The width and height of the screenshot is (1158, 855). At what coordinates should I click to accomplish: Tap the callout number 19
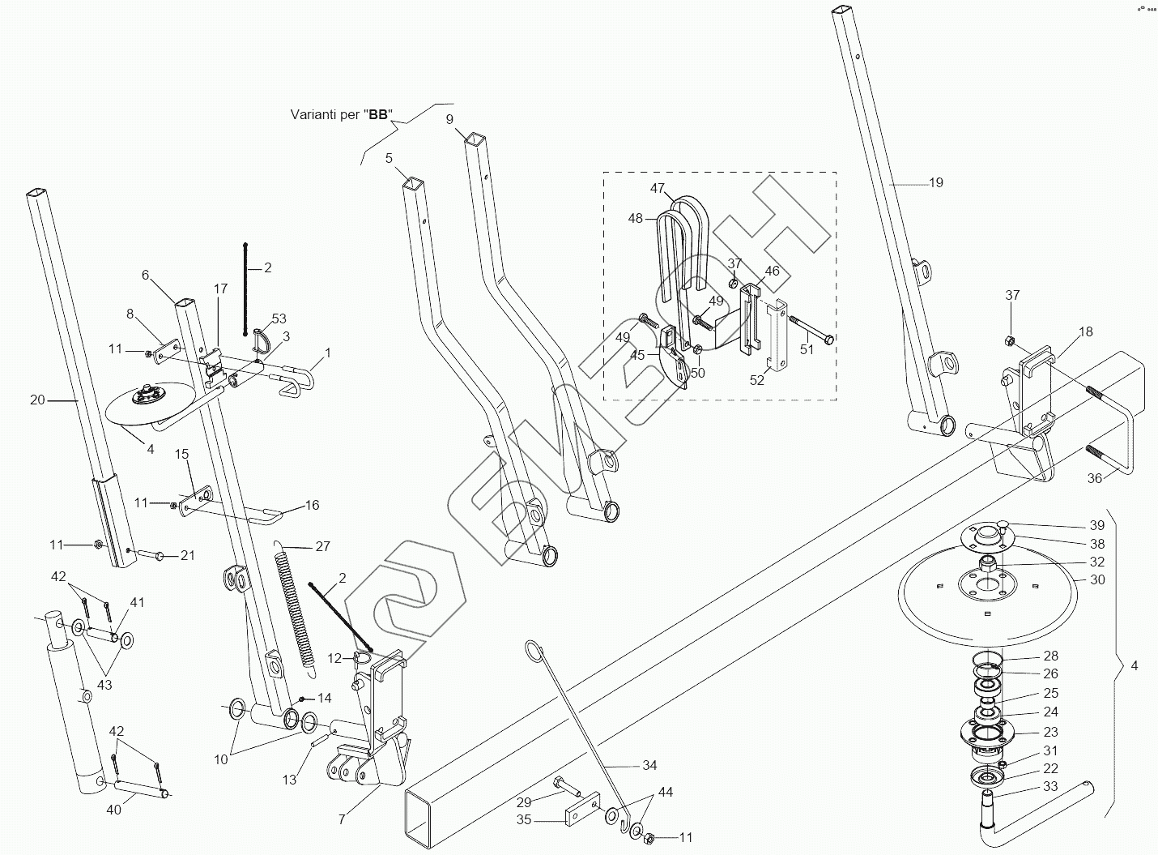click(935, 183)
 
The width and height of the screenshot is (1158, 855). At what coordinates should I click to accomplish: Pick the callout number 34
click(649, 765)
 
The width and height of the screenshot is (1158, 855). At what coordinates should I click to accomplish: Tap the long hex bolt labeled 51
click(809, 334)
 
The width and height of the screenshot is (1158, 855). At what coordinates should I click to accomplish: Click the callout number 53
click(279, 318)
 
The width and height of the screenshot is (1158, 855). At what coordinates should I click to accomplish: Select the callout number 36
click(1094, 478)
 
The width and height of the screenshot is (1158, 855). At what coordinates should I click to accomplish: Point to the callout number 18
click(1085, 331)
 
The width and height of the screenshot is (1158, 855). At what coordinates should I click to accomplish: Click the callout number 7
click(342, 819)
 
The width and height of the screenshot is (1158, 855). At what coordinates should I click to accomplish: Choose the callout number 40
click(114, 810)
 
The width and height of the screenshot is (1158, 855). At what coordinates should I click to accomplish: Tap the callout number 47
click(657, 188)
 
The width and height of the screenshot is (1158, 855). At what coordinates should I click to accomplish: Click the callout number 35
click(523, 819)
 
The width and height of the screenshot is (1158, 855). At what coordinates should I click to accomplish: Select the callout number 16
click(312, 505)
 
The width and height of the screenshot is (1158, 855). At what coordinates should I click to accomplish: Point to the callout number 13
click(289, 780)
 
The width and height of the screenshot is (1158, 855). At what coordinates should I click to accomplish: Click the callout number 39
click(1097, 526)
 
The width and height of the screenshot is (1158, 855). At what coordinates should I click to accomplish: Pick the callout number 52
click(756, 379)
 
